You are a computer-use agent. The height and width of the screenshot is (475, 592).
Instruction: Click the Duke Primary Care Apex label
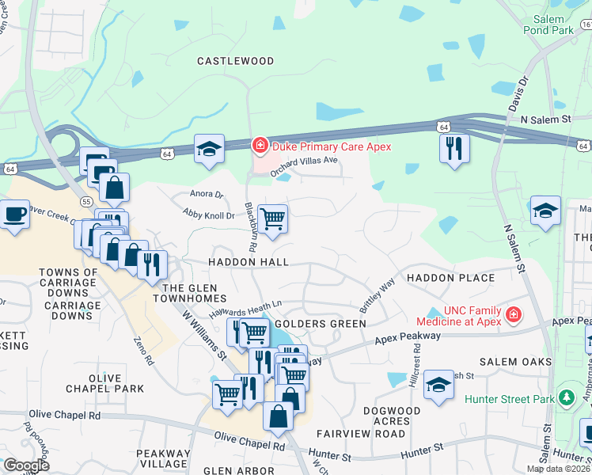[x=331, y=146]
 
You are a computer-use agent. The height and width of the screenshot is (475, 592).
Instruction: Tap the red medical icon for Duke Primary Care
[x=259, y=146]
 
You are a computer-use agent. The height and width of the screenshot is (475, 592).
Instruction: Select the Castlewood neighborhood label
[x=235, y=61]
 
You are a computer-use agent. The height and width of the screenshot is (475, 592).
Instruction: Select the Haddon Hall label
[x=248, y=262]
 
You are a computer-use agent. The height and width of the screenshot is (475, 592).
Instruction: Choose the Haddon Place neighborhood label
[x=450, y=278]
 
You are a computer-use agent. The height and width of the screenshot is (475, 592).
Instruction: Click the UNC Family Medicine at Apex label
[x=461, y=316]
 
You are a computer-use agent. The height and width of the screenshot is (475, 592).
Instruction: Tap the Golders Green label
[x=320, y=324]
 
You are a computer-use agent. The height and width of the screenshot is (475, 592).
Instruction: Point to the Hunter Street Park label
[x=510, y=399]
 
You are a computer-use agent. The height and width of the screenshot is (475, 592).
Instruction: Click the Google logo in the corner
[x=26, y=465]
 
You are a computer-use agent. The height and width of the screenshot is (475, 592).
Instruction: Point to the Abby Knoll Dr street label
[x=209, y=215]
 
